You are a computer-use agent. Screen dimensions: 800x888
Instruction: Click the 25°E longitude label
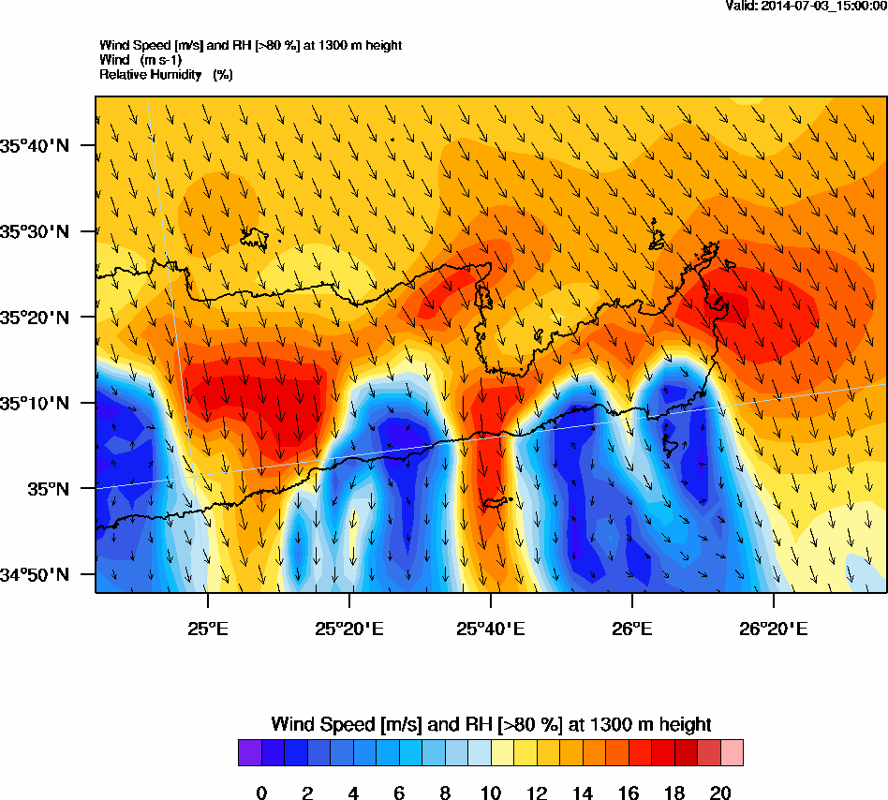pyautogui.click(x=207, y=626)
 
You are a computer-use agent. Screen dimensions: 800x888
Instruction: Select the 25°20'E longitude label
pyautogui.click(x=349, y=626)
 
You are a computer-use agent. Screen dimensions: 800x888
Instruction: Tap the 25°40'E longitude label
pyautogui.click(x=491, y=626)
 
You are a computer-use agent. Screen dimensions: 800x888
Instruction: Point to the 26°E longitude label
pyautogui.click(x=632, y=626)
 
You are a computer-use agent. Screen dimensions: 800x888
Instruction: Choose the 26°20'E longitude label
pyautogui.click(x=774, y=626)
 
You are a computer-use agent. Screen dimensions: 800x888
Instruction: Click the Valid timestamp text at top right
pyautogui.click(x=807, y=6)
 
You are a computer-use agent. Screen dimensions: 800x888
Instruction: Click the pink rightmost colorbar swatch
pyautogui.click(x=732, y=753)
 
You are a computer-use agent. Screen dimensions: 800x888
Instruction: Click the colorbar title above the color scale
pyautogui.click(x=491, y=724)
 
